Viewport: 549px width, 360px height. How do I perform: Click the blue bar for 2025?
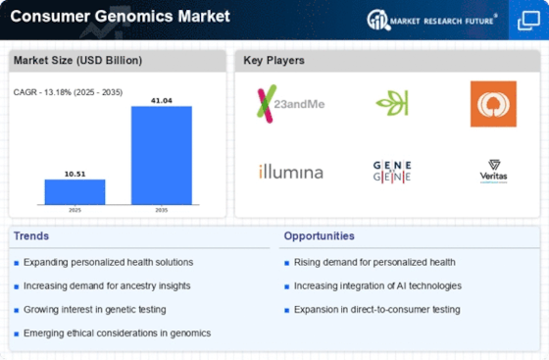(75, 192)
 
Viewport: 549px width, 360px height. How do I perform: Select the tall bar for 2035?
(162, 155)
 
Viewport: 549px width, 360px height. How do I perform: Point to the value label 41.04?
(162, 100)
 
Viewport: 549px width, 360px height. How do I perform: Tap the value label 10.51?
(75, 174)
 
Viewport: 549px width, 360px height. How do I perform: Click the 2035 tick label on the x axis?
(162, 210)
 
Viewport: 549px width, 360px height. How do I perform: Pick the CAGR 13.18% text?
(68, 92)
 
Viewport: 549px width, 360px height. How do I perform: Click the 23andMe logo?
(290, 104)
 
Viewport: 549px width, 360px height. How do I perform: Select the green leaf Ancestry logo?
(392, 103)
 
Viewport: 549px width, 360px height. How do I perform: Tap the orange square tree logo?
(493, 104)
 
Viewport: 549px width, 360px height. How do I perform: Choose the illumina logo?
(290, 172)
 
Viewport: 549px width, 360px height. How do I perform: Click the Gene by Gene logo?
(392, 172)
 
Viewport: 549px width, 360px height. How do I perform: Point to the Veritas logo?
(494, 172)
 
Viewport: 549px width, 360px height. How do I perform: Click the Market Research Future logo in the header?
(432, 20)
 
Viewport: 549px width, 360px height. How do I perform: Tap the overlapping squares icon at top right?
(528, 21)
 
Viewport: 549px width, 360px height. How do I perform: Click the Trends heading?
(31, 236)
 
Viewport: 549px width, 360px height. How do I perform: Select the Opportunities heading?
(319, 236)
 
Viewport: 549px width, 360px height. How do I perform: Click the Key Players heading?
(274, 60)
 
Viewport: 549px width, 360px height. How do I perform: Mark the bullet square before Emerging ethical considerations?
(16, 334)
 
